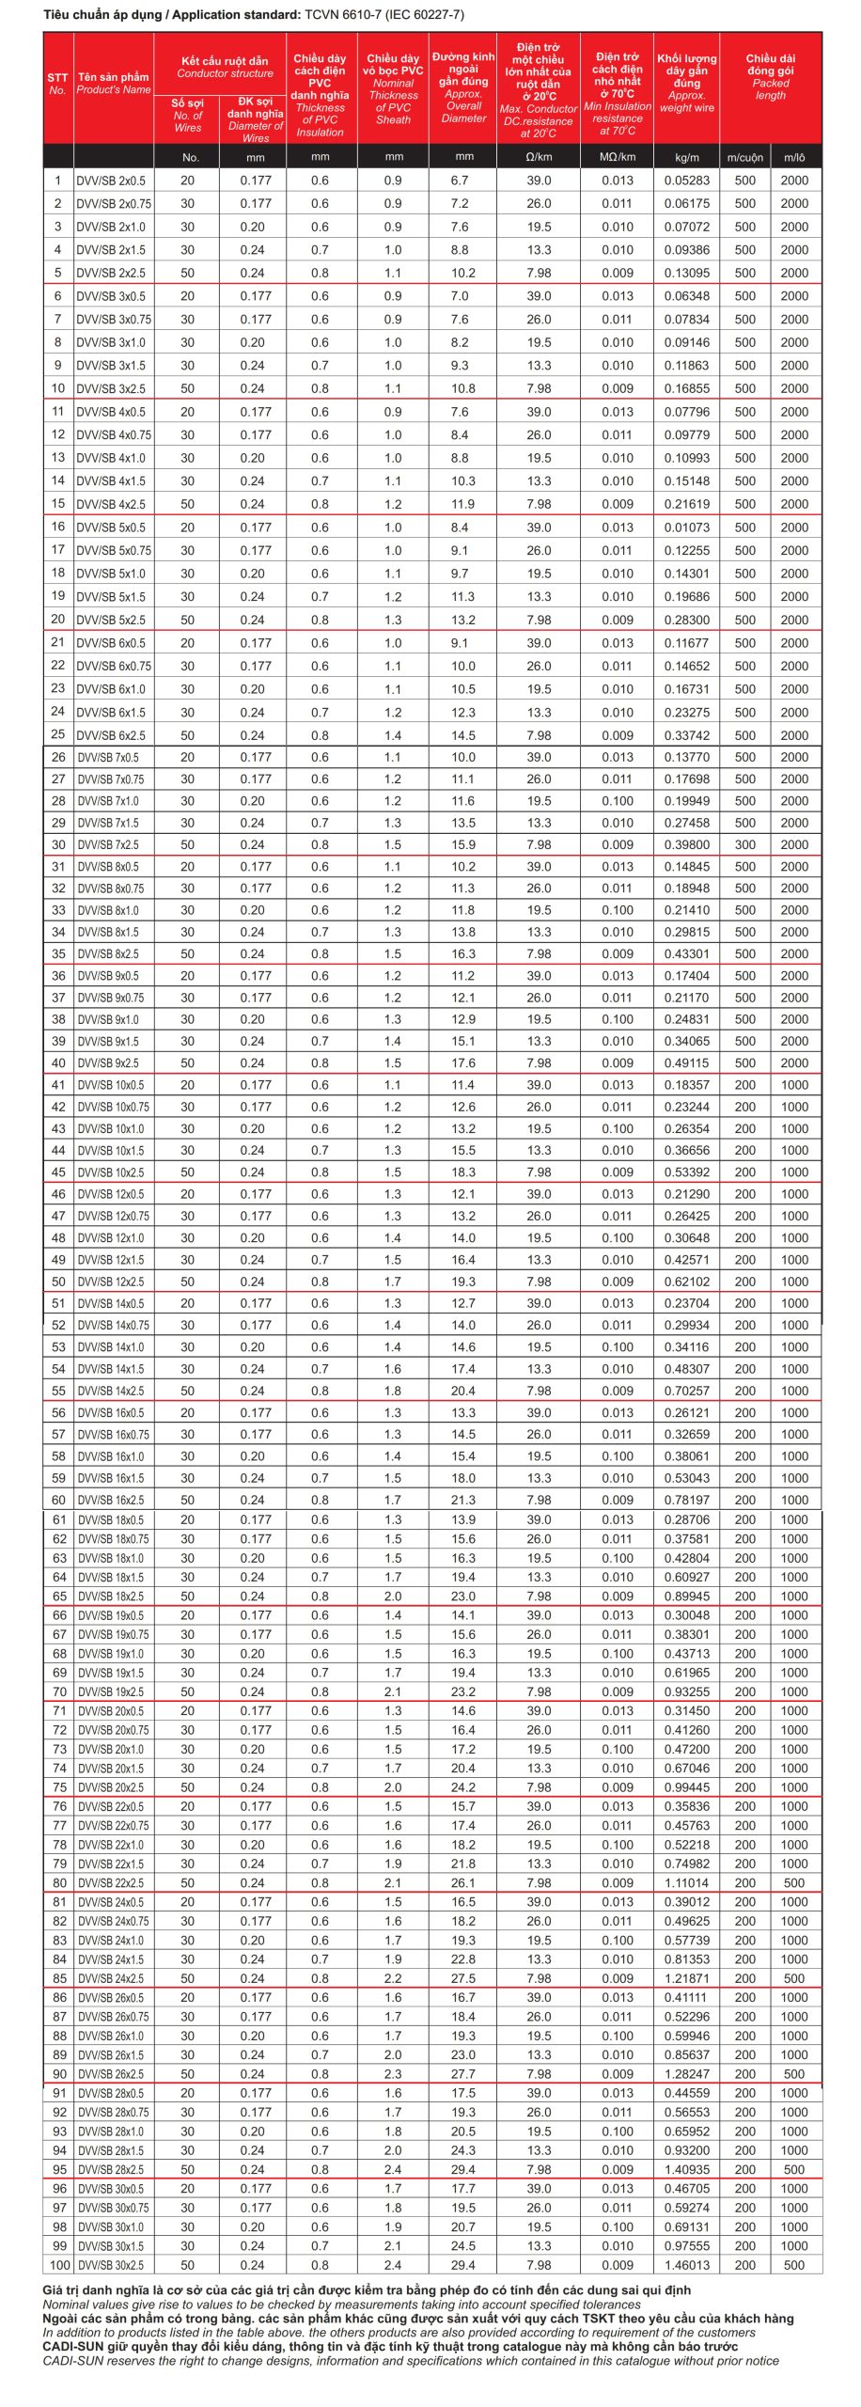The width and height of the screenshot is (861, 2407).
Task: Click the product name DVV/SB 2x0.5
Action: pos(111,181)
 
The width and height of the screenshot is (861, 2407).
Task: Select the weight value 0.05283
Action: pos(687,181)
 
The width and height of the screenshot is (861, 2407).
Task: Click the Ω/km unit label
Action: pos(539,157)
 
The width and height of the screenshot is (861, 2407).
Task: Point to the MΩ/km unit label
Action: pos(617,157)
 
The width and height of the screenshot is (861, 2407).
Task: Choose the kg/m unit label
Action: pos(687,157)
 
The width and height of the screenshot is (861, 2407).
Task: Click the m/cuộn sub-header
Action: pos(745,157)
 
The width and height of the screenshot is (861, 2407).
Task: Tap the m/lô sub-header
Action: pos(794,157)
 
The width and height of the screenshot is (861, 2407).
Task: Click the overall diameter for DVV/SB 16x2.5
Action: pos(463,1500)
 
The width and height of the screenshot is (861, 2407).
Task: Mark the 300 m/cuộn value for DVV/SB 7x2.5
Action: pos(745,844)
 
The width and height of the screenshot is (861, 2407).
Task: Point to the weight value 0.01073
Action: pos(687,527)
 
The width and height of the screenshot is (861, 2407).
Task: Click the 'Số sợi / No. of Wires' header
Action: pos(188,115)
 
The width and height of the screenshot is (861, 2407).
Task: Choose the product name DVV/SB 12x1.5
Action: pos(111,1260)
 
